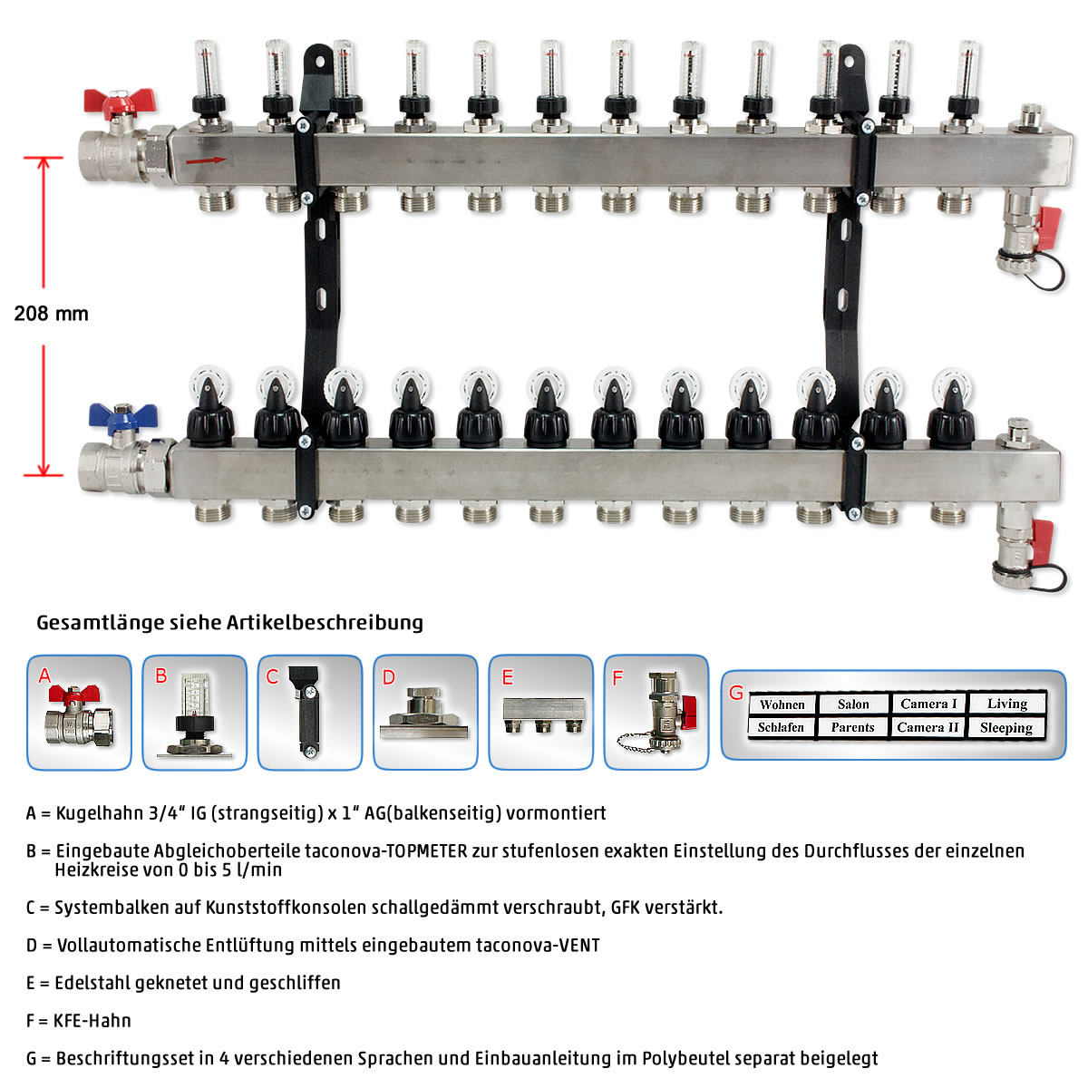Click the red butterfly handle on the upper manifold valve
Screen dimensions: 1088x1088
(x=118, y=101)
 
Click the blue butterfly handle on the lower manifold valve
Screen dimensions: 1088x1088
(x=123, y=416)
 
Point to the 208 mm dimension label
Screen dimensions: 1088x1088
(x=52, y=314)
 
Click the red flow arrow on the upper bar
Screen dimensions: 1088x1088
(x=206, y=160)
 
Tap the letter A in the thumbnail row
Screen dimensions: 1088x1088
(x=44, y=675)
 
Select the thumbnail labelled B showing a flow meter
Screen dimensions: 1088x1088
(x=194, y=712)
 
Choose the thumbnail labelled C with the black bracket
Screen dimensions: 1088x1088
(x=310, y=712)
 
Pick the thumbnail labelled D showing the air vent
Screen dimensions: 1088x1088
(x=425, y=712)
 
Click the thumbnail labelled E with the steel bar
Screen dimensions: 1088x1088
(x=541, y=712)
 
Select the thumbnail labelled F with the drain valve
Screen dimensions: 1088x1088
(x=656, y=712)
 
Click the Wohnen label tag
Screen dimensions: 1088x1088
(x=782, y=704)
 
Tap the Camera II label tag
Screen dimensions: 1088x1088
(x=928, y=727)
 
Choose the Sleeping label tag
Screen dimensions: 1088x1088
(x=1006, y=728)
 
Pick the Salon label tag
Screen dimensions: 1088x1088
(x=853, y=704)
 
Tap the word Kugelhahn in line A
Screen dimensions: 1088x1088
(x=100, y=813)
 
